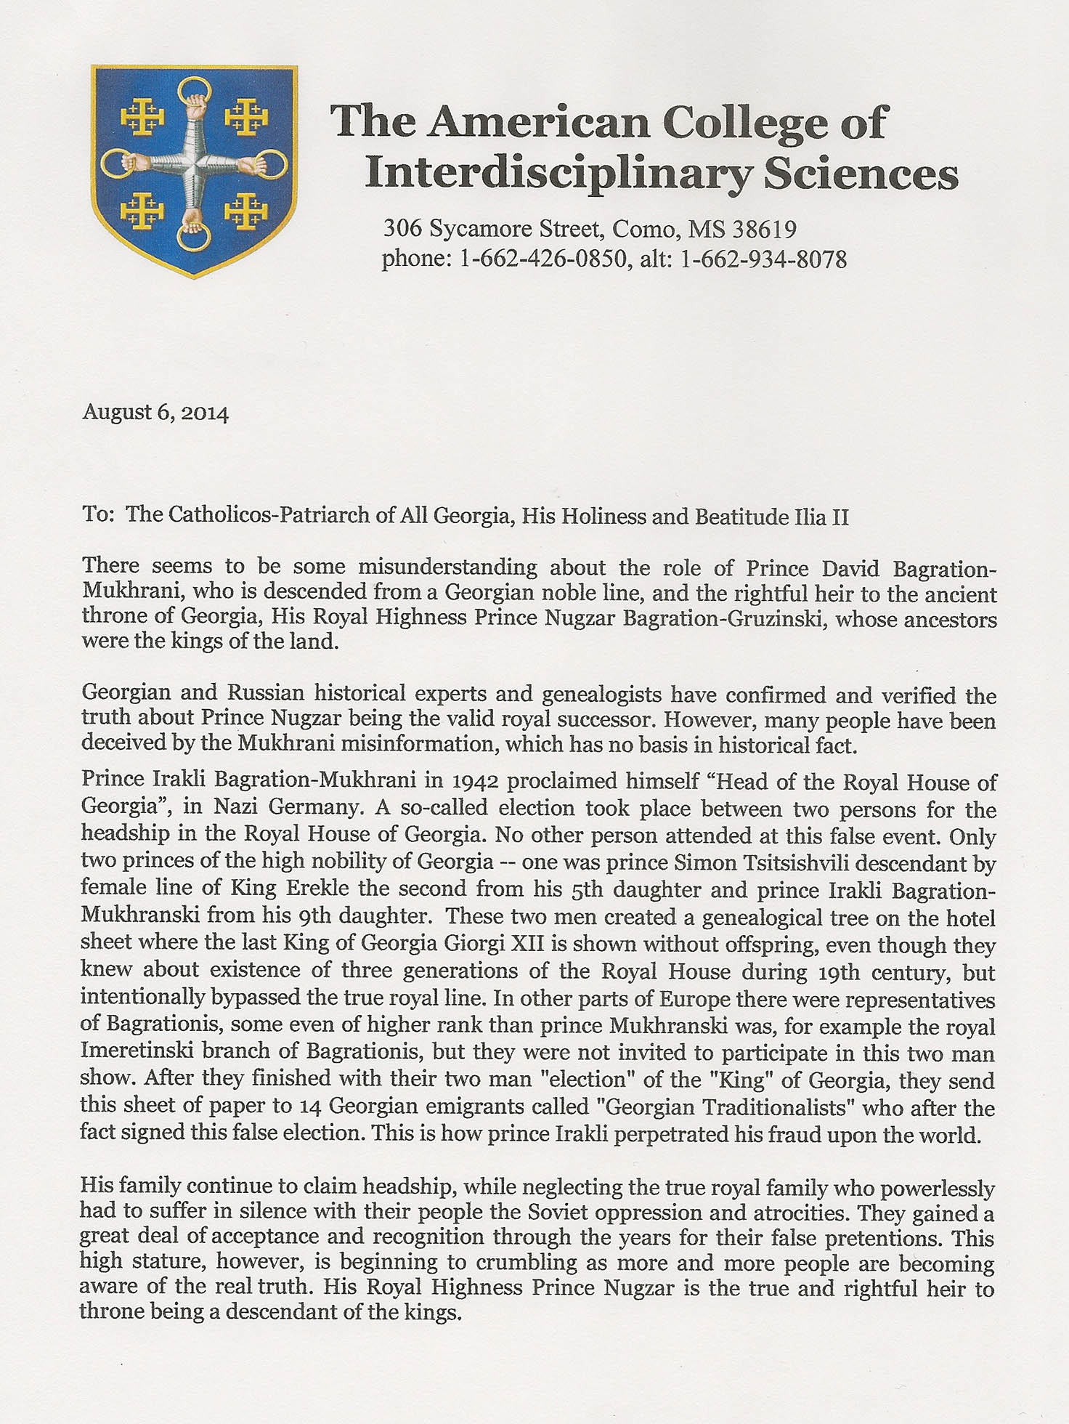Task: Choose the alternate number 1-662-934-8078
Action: click(763, 259)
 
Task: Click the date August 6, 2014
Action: click(155, 413)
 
